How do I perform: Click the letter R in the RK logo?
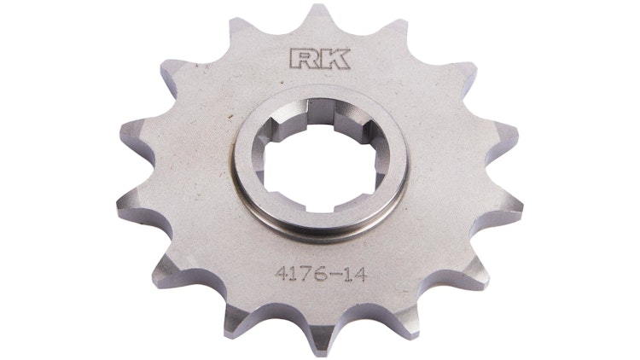[301, 60]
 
